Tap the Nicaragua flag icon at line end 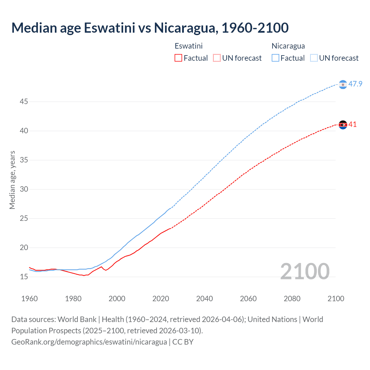343,84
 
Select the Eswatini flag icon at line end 343,125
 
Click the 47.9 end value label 355,84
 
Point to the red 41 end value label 352,125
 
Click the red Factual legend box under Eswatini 178,58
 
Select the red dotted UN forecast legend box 217,58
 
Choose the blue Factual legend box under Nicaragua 275,58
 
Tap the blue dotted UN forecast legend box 314,58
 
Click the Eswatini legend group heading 188,46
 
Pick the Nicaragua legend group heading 288,46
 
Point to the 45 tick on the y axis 24,102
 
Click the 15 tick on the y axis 24,277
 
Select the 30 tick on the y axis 24,189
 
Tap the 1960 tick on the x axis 29,299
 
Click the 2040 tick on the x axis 204,299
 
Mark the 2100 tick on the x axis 336,299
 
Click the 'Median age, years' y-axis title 12,180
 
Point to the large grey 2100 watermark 305,271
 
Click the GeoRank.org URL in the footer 89,342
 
